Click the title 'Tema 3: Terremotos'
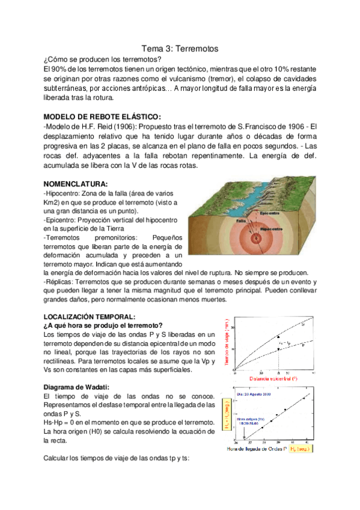(179, 48)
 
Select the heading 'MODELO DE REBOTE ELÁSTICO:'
(102, 116)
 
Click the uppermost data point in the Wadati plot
(304, 398)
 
